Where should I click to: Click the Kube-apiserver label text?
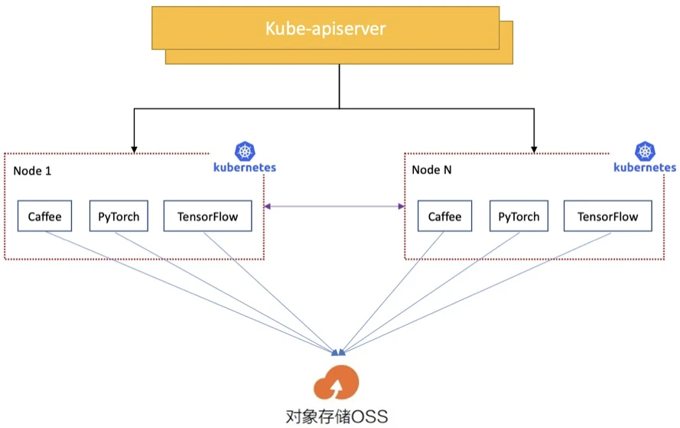(325, 29)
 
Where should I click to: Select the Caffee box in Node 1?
(45, 216)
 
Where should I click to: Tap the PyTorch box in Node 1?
(119, 216)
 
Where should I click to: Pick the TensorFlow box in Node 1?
(207, 216)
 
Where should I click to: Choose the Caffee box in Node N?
(444, 216)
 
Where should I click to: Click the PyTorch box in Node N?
(519, 216)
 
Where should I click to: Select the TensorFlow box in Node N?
(607, 216)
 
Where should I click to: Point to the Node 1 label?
(32, 170)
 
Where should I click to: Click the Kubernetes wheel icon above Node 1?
(246, 151)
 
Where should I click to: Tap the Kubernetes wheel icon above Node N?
(645, 151)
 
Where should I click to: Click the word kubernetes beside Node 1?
(246, 167)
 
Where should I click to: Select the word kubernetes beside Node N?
(645, 167)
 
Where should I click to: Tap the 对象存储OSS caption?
(337, 417)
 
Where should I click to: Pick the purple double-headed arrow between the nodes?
(334, 206)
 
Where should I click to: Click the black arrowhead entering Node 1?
(135, 149)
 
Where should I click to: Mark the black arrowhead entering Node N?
(534, 149)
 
